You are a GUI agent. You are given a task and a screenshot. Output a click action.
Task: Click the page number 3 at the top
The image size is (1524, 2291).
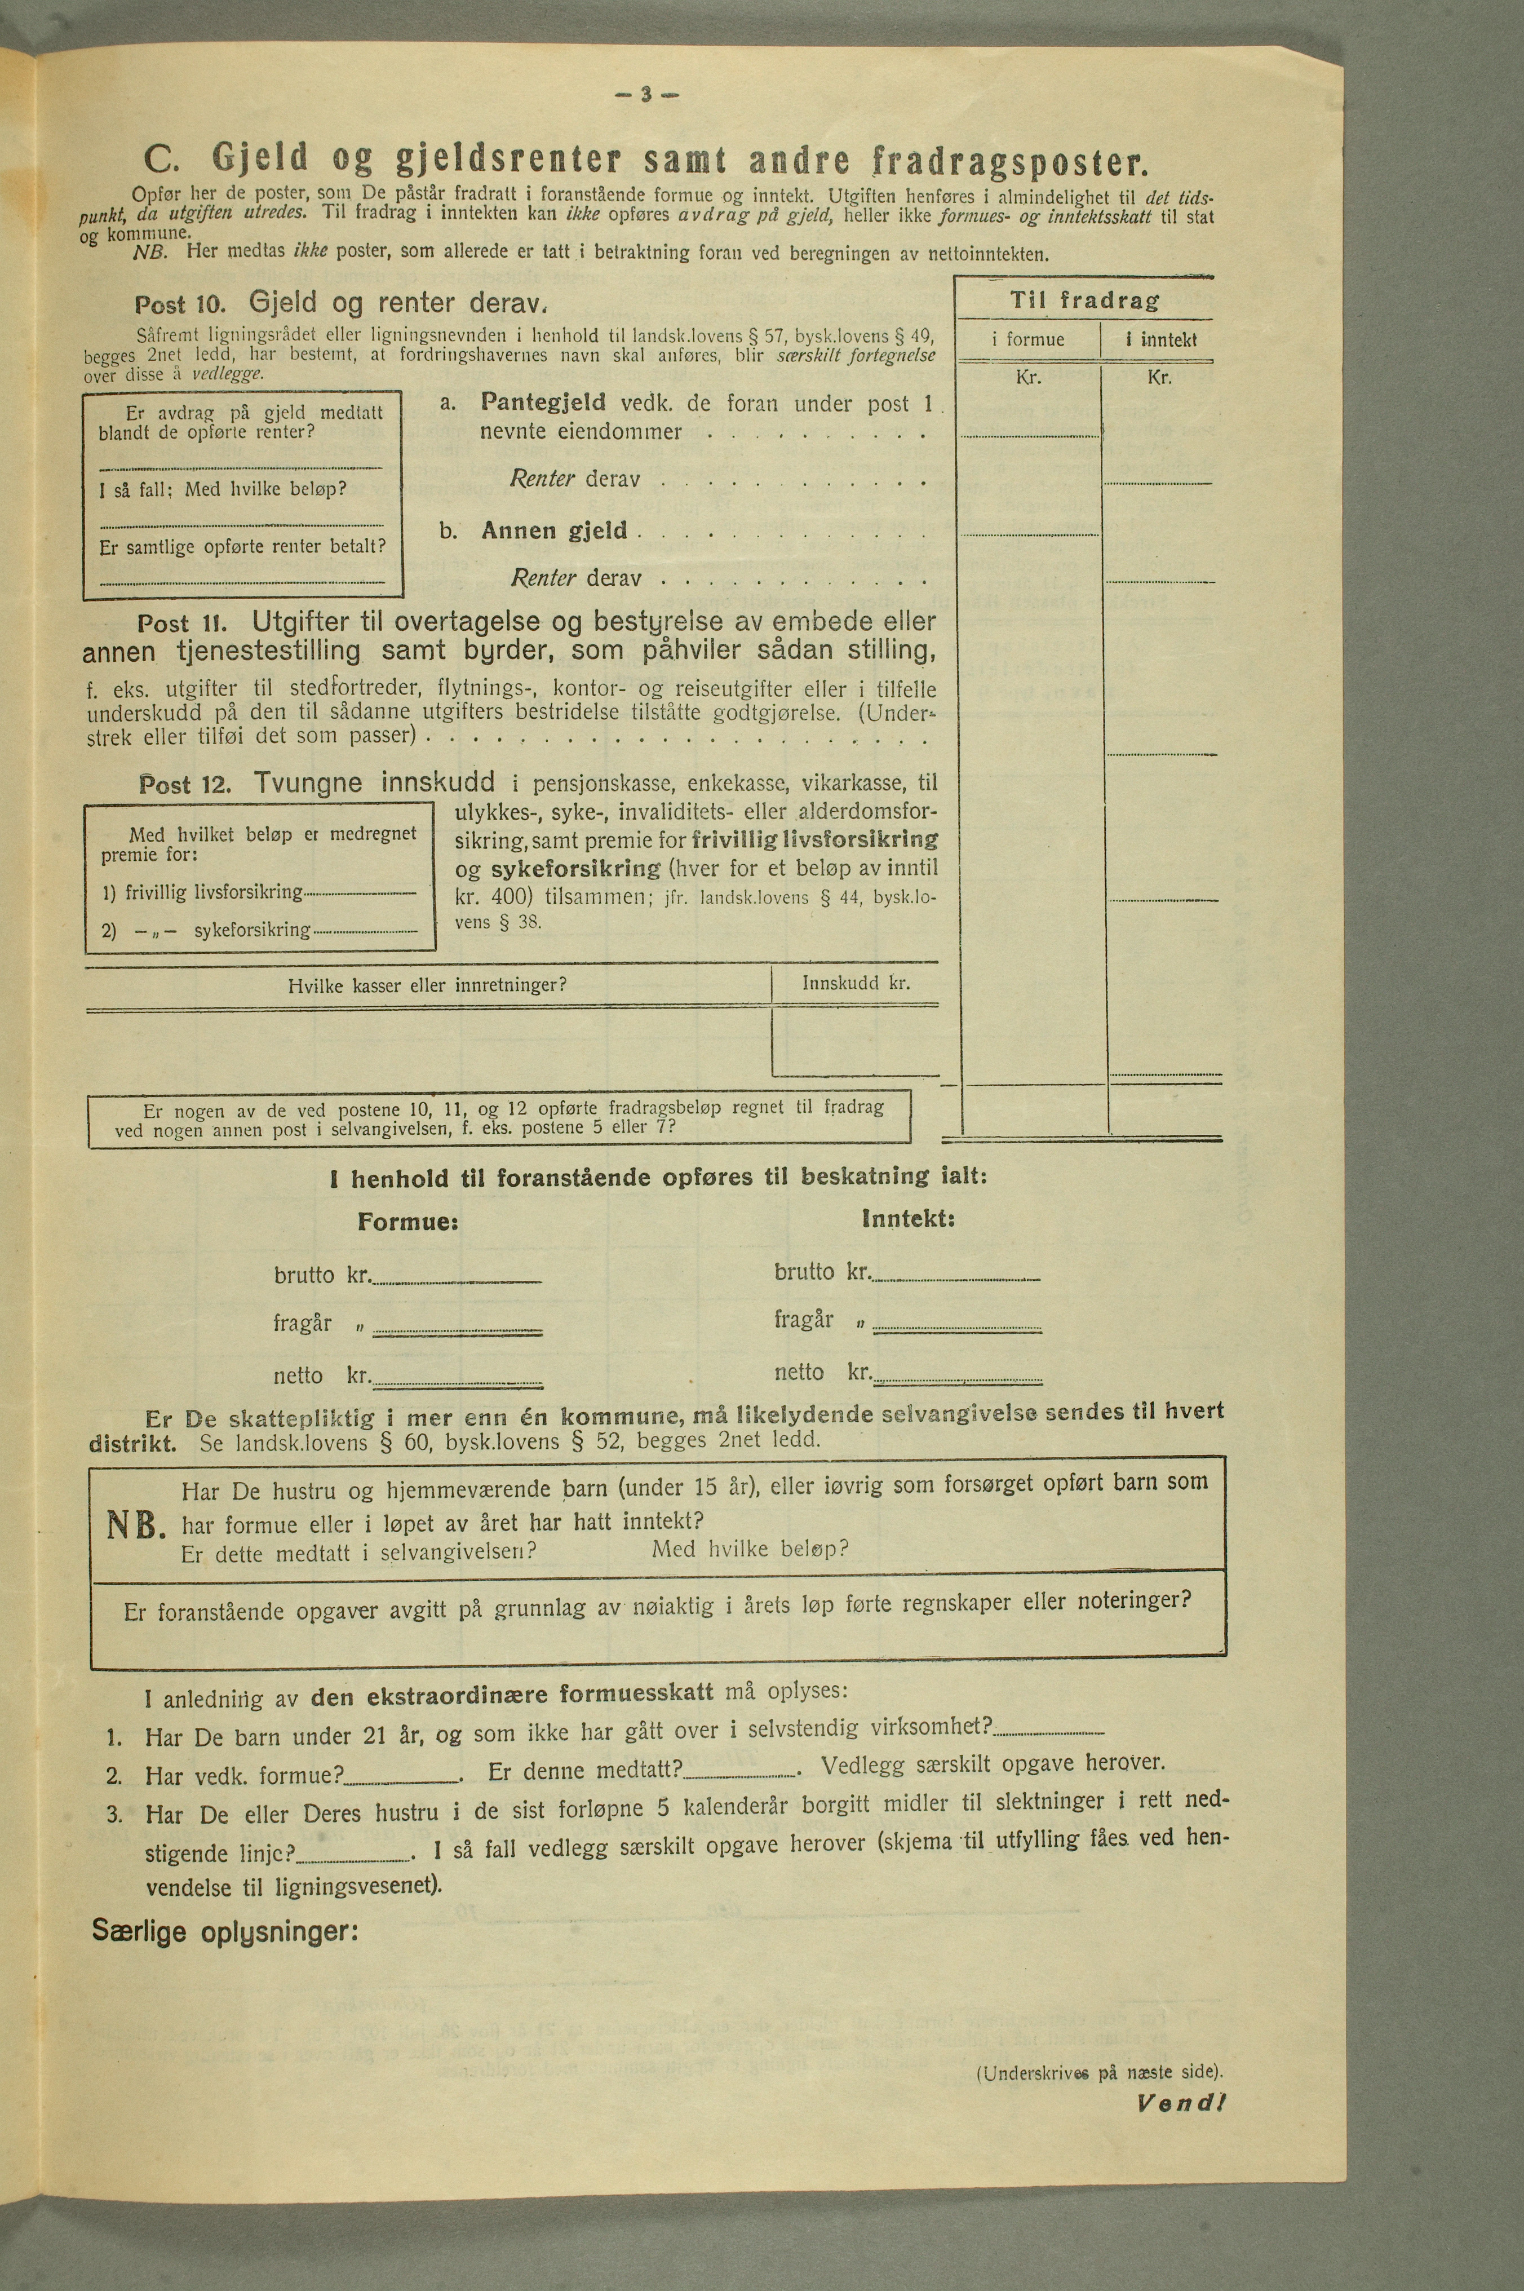(x=645, y=95)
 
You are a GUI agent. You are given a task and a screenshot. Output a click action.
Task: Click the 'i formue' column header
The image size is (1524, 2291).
(x=1029, y=339)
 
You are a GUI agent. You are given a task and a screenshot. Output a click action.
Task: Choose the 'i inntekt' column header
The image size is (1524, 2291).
(x=1160, y=339)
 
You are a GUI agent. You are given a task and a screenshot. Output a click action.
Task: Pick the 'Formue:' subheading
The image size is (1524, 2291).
(x=407, y=1222)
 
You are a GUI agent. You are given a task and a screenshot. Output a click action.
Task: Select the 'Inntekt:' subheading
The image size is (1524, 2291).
(x=908, y=1218)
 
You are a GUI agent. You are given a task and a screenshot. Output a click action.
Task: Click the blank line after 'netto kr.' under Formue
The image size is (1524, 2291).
(x=457, y=1380)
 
